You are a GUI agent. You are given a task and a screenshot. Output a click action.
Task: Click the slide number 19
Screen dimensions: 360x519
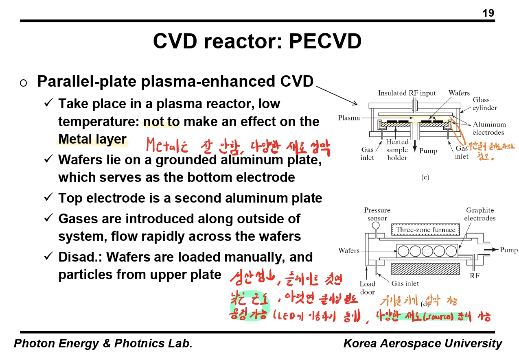[x=488, y=13]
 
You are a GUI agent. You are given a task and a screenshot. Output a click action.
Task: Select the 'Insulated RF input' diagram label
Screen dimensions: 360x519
[x=407, y=93]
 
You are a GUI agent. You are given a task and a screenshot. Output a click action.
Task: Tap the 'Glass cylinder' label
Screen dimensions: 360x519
[x=484, y=104]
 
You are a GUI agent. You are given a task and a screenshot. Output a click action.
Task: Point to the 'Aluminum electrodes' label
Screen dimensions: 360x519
[x=489, y=128]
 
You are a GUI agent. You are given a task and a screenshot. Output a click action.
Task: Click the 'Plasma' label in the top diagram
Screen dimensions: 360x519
[x=349, y=118]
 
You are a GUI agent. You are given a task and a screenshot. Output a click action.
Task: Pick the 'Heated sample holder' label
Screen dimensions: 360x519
[x=397, y=150]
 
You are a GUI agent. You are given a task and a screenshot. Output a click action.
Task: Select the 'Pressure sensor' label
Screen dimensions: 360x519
[x=377, y=214]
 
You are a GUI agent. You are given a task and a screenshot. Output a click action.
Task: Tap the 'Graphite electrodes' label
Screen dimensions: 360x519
[x=480, y=214]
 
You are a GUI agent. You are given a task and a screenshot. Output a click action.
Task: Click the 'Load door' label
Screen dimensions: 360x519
[x=367, y=288]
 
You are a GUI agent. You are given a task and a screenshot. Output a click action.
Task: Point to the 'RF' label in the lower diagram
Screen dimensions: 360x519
[x=474, y=276]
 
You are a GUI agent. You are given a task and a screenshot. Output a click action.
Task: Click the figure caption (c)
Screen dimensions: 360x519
[x=425, y=177]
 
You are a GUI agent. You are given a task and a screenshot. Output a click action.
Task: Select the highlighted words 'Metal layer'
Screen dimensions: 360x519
[x=92, y=139]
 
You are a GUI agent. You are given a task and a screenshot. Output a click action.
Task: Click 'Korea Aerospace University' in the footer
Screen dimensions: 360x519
[x=423, y=343]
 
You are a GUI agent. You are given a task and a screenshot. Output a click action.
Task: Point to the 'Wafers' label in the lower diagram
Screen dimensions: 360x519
[x=349, y=250]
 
